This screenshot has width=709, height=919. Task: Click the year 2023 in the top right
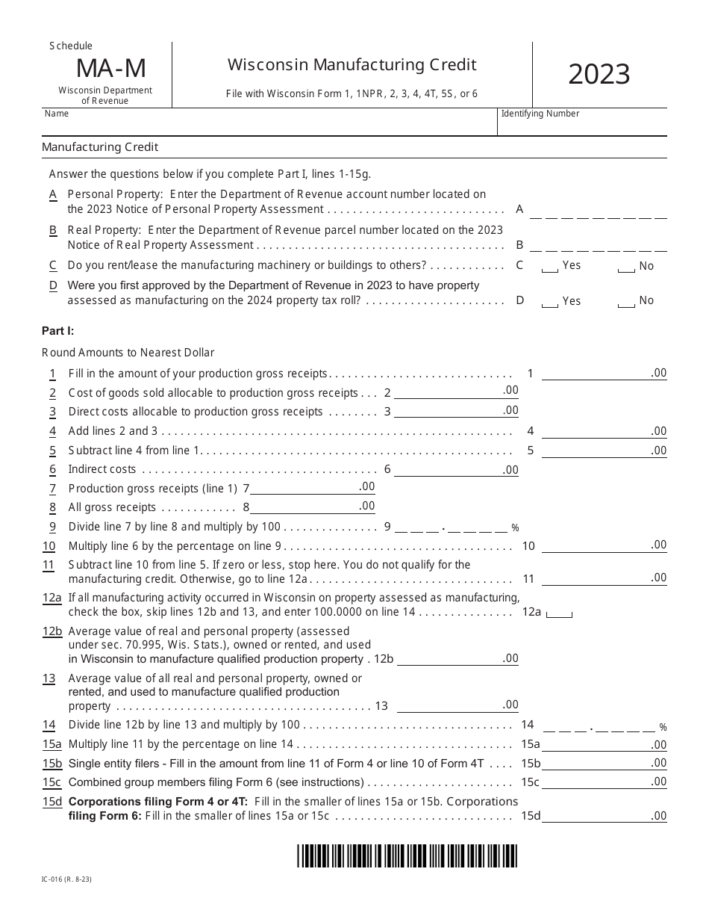click(x=599, y=75)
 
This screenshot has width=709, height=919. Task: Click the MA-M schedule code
click(x=110, y=69)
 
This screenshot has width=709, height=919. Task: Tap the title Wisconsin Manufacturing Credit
click(x=352, y=65)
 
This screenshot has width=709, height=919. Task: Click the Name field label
click(x=57, y=114)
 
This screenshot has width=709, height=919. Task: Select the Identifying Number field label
click(x=540, y=114)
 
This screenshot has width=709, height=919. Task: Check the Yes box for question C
click(x=549, y=267)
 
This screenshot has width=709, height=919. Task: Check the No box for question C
click(x=626, y=267)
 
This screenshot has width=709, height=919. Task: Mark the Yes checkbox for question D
click(x=549, y=302)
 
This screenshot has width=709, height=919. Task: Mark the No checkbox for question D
click(x=626, y=302)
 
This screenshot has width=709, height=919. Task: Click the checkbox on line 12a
click(x=559, y=613)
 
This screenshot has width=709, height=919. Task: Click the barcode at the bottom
click(x=406, y=855)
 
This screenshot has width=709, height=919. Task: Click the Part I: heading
click(x=58, y=330)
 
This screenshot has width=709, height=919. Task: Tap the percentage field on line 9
click(x=451, y=527)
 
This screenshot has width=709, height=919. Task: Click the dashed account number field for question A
click(x=598, y=214)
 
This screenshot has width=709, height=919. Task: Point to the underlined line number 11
click(x=49, y=565)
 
